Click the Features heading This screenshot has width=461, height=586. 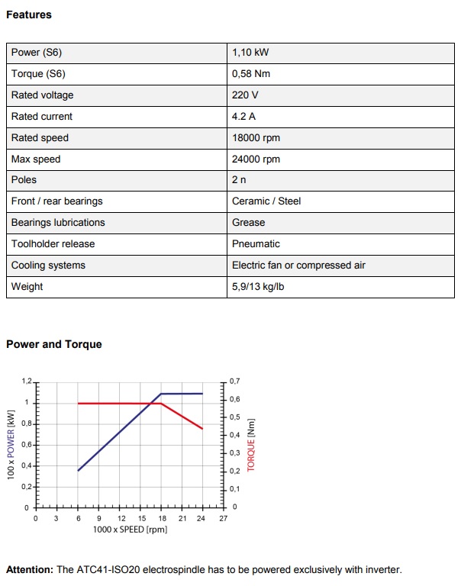click(x=29, y=14)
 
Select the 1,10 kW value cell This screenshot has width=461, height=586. click(x=250, y=53)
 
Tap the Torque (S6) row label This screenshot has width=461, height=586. click(x=38, y=74)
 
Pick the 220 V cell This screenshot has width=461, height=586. click(x=245, y=95)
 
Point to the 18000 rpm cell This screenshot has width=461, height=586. click(x=256, y=138)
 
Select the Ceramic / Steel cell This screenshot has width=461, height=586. click(x=266, y=201)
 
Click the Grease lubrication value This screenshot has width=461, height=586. click(x=249, y=223)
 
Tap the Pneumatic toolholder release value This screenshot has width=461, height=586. click(x=256, y=244)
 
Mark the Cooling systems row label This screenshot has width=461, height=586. click(x=48, y=266)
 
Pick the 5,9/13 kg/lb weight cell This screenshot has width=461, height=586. click(x=262, y=287)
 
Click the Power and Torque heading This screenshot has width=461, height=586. click(x=53, y=344)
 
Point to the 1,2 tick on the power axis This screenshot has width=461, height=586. click(x=27, y=380)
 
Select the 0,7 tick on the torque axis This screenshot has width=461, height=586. click(x=234, y=381)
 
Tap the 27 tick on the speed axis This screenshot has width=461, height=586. click(x=223, y=519)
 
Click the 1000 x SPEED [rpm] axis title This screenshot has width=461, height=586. click(x=130, y=530)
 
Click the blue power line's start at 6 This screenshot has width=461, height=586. click(x=79, y=471)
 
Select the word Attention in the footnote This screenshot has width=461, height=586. click(x=29, y=570)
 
